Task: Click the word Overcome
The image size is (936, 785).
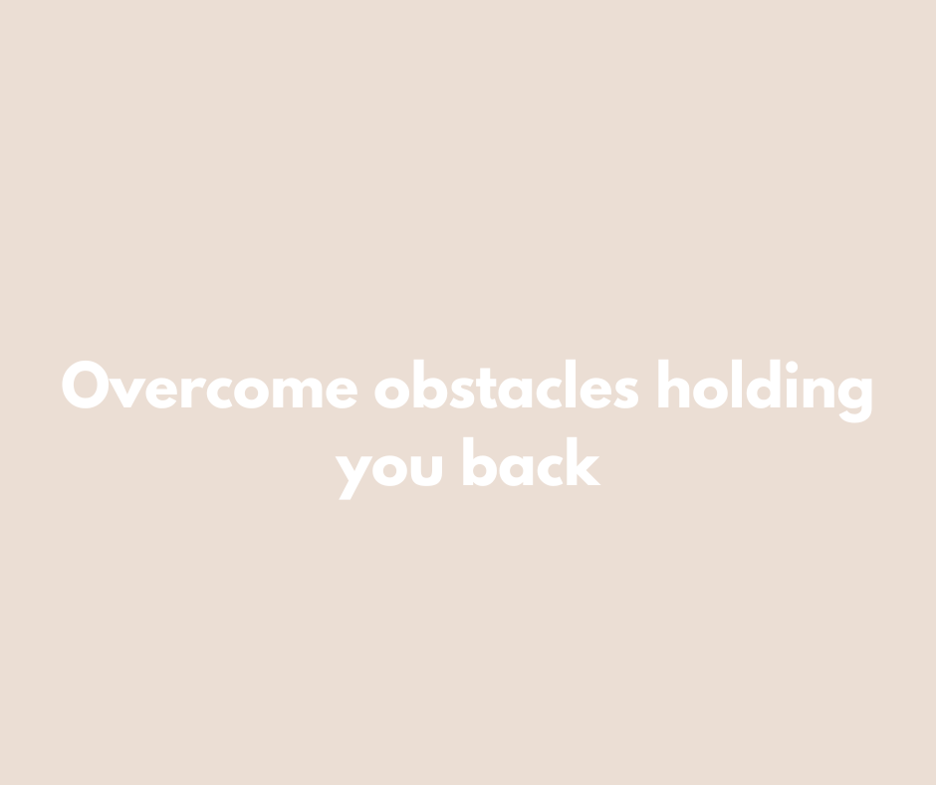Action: click(209, 385)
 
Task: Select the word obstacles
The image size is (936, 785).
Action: click(507, 385)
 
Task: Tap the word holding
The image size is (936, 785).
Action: click(766, 391)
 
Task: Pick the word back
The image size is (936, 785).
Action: click(532, 462)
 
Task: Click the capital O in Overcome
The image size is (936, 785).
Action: click(86, 385)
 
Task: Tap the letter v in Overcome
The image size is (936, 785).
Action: click(127, 393)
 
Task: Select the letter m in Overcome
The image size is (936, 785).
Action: click(298, 392)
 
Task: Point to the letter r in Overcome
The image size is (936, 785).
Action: click(193, 392)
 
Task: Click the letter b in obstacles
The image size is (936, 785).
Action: click(430, 385)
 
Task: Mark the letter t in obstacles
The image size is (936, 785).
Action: click(487, 389)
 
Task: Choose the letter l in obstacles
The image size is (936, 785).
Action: click(571, 384)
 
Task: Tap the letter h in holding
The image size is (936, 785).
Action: click(674, 384)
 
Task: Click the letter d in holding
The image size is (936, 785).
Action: click(763, 385)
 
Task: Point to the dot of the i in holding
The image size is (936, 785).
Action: click(792, 367)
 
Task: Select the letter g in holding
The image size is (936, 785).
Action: click(854, 400)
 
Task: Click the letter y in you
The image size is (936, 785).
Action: click(353, 478)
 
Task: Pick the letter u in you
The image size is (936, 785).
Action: click(427, 471)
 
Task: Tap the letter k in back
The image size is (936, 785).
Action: click(584, 461)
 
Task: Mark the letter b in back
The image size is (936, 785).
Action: click(480, 462)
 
